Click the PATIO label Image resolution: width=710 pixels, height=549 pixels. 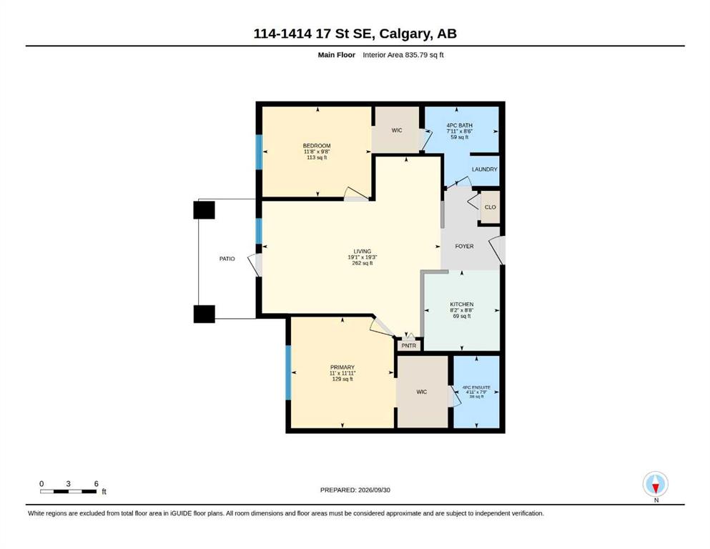pos(227,259)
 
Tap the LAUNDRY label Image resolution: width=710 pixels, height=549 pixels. pos(485,169)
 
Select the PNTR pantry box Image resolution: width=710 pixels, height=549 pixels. pos(409,345)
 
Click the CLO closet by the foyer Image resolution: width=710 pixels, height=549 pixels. pos(490,207)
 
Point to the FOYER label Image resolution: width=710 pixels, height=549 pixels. pos(464,246)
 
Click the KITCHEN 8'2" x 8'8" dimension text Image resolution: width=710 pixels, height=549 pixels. pos(462,310)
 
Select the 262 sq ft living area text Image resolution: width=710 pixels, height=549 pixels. pos(363,263)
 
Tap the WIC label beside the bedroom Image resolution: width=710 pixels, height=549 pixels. pos(397,130)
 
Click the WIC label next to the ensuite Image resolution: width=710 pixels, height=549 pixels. pos(422,392)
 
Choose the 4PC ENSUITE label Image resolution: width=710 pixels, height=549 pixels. pos(476,387)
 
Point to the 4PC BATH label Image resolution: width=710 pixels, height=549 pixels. pos(460,125)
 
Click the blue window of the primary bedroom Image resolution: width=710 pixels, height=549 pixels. pos(288,372)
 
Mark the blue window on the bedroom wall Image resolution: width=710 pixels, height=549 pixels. pos(259,152)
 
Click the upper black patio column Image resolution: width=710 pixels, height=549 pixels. pos(204,210)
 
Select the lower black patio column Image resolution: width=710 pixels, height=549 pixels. pos(204,314)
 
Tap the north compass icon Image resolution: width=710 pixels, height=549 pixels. pos(655,484)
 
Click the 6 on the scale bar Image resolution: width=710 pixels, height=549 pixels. pos(96,484)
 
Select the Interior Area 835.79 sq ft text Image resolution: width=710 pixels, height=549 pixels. pos(403,55)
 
